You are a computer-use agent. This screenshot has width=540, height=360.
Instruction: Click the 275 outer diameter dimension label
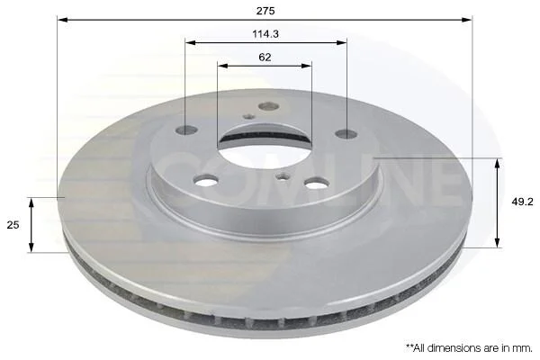coord(265,11)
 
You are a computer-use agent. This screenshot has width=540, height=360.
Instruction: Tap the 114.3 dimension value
coord(265,34)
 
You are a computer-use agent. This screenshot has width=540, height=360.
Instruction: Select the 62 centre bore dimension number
coord(265,58)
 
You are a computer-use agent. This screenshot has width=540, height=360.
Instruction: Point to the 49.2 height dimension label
coord(522,202)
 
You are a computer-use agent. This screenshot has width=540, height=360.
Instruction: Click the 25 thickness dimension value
coord(13,225)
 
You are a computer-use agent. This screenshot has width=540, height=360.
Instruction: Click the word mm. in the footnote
coord(522,348)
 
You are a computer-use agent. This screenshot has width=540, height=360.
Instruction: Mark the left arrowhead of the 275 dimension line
coord(62,20)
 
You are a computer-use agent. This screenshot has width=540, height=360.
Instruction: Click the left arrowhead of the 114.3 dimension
coord(190,42)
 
